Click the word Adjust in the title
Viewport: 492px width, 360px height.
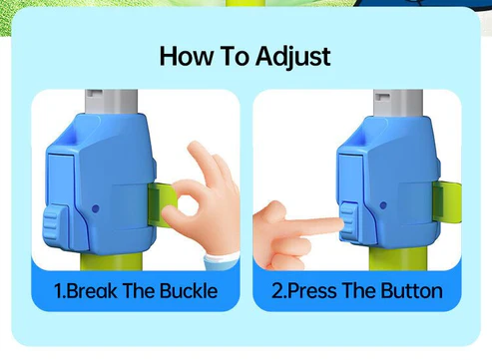coord(292,57)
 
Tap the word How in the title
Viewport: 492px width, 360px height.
coord(187,56)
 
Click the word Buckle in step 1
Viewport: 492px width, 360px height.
coord(189,291)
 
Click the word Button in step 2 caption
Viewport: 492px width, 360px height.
coord(411,291)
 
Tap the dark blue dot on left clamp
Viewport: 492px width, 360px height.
coord(96,209)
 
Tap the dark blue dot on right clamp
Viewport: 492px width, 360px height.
coord(383,205)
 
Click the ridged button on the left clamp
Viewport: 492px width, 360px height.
coord(56,227)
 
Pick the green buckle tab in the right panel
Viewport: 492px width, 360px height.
coord(447,202)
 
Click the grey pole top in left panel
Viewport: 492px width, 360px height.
coord(111,102)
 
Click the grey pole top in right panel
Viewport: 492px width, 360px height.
coord(398,103)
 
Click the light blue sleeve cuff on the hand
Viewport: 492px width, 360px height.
coord(223,260)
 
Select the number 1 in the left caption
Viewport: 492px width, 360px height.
coord(59,291)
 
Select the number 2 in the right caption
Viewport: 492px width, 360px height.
coord(277,291)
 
